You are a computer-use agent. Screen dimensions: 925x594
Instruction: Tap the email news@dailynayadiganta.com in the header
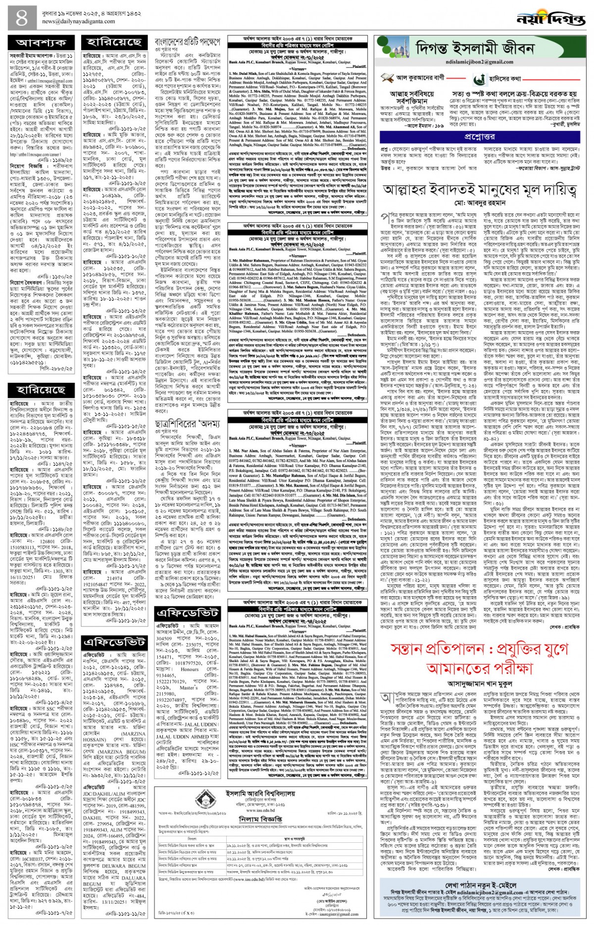pyautogui.click(x=78, y=22)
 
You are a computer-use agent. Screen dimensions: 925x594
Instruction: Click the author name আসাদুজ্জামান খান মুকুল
pyautogui.click(x=479, y=684)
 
